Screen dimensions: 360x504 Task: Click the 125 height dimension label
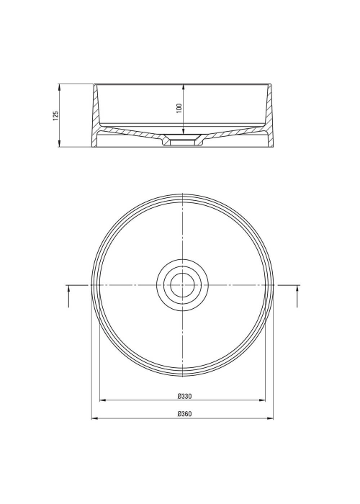click(x=56, y=116)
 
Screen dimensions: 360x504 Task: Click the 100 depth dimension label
click(x=179, y=108)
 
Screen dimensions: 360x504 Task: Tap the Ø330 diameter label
click(x=184, y=396)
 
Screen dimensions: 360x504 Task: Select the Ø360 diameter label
click(x=184, y=414)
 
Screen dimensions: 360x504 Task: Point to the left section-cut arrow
click(x=68, y=297)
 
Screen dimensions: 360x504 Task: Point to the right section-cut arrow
click(x=297, y=297)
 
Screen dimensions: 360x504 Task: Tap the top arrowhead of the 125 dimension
click(x=59, y=87)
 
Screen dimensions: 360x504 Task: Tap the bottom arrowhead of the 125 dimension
click(x=59, y=144)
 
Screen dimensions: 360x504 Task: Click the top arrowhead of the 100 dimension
click(x=183, y=87)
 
